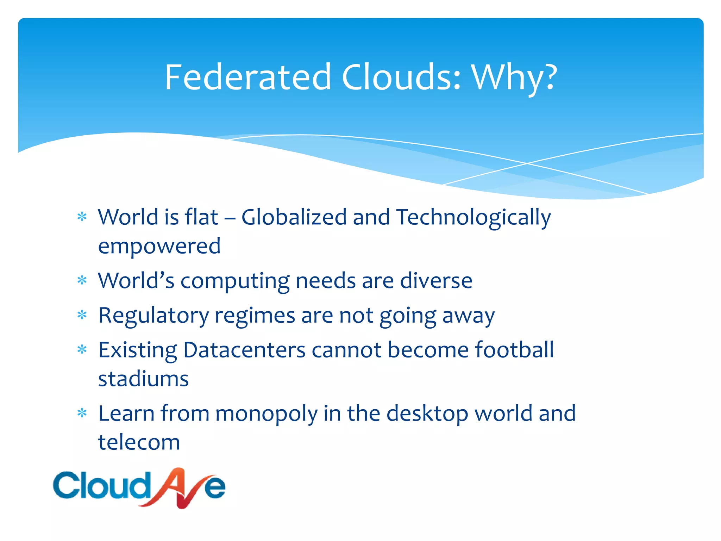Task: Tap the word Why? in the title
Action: coord(514,77)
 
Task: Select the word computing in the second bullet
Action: coord(235,281)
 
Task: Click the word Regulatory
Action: coord(153,316)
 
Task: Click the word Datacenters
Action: coord(244,350)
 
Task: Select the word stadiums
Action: coord(143,379)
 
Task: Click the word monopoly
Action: coord(266,414)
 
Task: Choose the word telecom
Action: coord(139,442)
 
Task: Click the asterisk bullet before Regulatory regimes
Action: coord(82,315)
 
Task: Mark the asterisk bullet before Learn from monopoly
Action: coord(82,412)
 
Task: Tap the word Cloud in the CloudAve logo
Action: coord(101,486)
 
